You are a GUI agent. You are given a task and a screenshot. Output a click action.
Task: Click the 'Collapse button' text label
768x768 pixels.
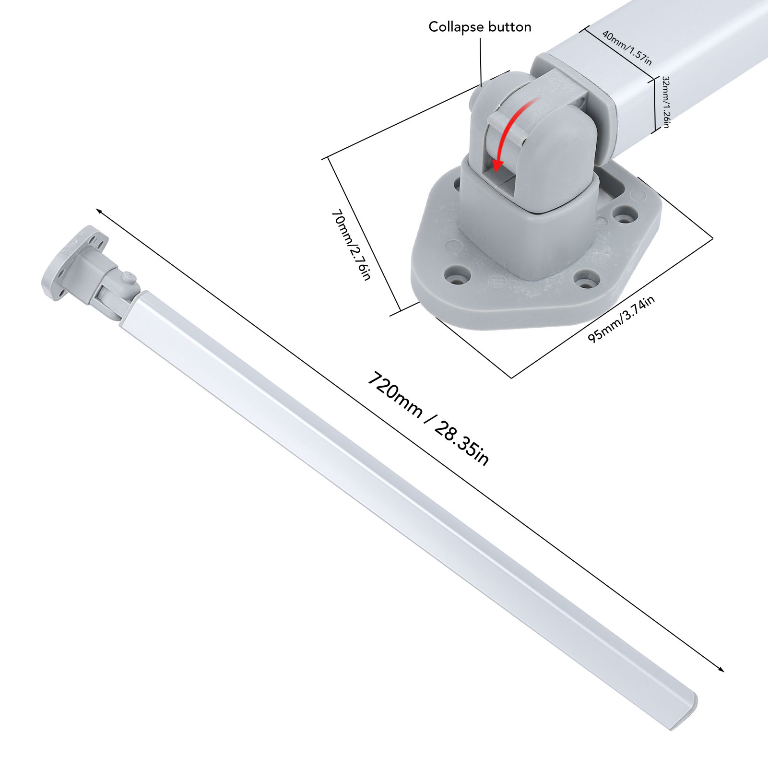tap(480, 27)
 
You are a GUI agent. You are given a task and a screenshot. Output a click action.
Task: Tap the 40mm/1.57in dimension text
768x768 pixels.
tap(627, 48)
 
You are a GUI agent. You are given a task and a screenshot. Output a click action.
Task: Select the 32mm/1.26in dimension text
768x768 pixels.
tap(666, 102)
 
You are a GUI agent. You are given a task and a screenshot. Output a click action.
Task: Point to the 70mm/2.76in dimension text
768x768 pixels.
tap(351, 244)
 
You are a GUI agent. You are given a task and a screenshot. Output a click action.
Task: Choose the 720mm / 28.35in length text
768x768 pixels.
tap(428, 418)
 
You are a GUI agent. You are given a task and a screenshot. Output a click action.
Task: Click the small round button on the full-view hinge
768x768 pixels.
tap(128, 277)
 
